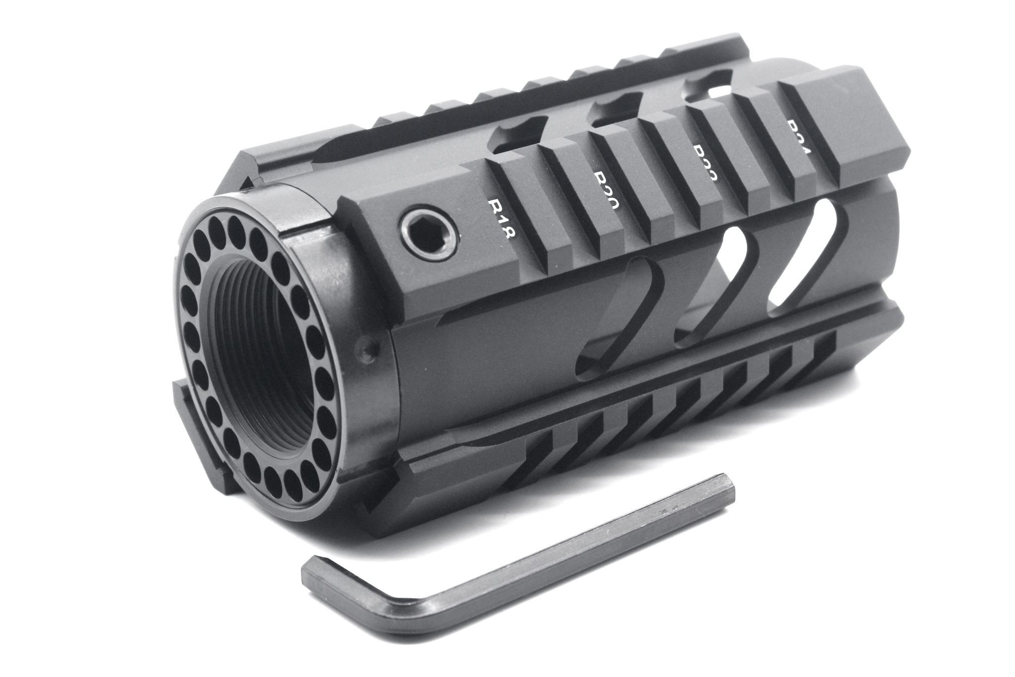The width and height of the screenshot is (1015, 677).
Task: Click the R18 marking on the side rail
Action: point(503,219)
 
